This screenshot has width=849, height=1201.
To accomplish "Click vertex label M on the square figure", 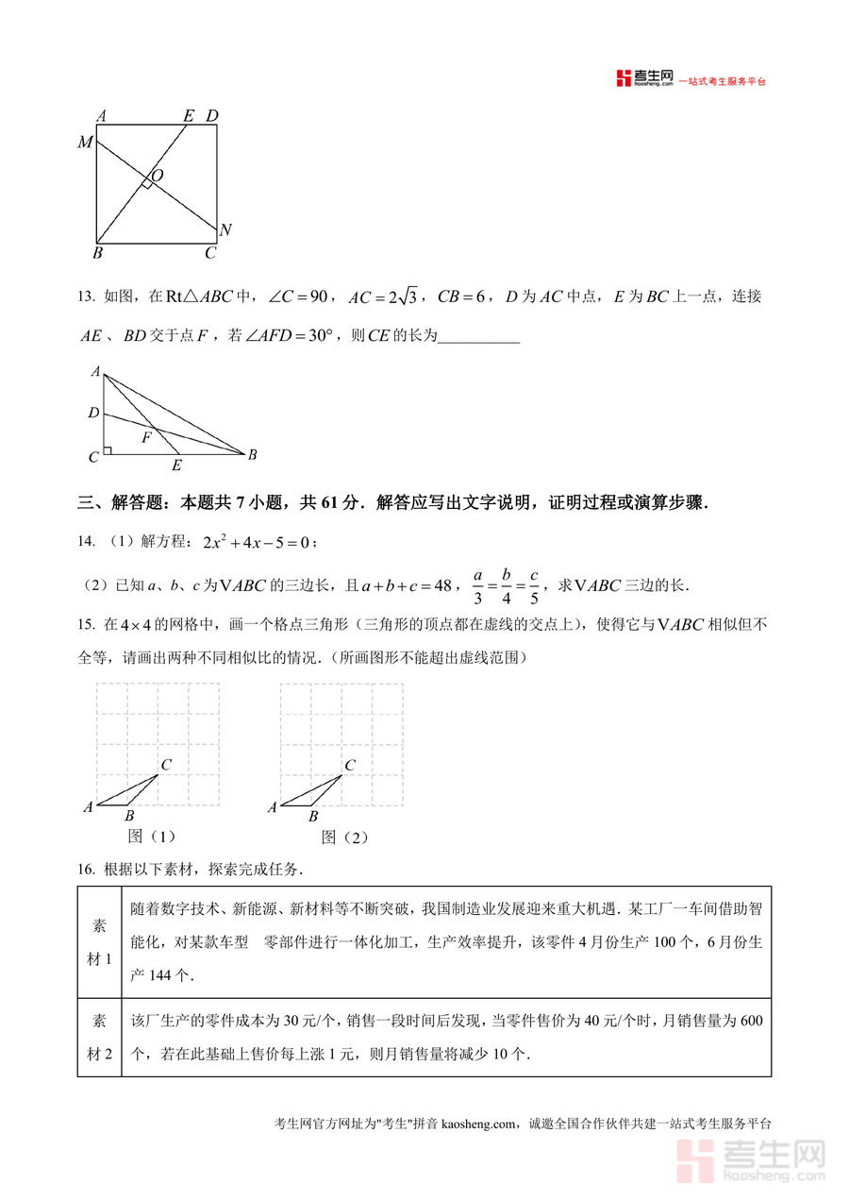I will click(85, 143).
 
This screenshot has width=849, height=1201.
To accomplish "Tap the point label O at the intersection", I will click(157, 176).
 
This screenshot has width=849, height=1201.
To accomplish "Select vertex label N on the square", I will click(225, 230).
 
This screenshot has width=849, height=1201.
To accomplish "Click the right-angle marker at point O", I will click(147, 183).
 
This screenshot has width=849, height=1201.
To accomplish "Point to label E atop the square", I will click(188, 116).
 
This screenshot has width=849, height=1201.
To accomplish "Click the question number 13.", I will click(86, 296).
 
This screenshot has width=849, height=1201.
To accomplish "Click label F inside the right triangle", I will click(146, 438).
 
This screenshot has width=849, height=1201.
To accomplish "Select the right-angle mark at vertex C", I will click(108, 450).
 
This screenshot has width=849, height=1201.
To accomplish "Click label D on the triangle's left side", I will click(92, 413).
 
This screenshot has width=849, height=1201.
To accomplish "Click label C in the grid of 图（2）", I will click(350, 765).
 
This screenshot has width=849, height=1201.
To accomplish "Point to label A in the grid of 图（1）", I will click(88, 806).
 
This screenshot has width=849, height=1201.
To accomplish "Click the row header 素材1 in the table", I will click(99, 941).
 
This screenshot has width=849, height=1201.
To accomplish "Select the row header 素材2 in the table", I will click(99, 1037).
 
